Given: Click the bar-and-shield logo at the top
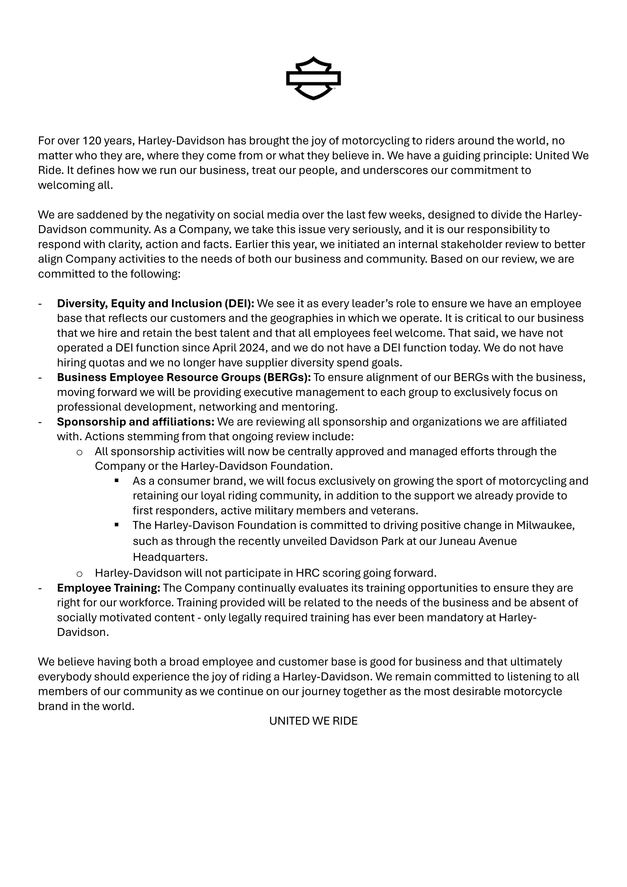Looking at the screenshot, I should [x=313, y=78].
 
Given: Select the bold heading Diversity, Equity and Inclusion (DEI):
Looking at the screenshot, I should [x=155, y=304].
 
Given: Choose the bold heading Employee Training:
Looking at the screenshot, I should [x=108, y=588].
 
